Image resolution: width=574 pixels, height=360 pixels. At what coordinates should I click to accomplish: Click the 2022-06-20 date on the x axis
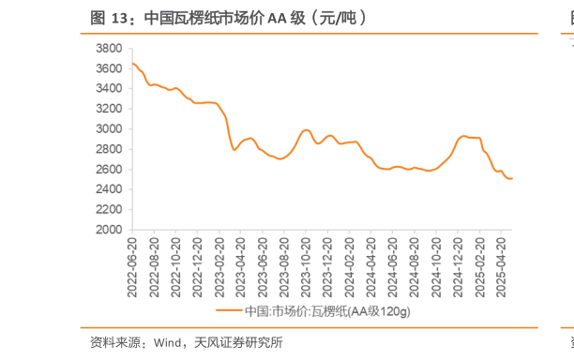(132, 263)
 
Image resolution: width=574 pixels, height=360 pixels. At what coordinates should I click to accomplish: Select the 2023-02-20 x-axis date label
(220, 263)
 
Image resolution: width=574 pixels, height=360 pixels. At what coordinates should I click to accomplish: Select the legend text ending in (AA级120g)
(327, 310)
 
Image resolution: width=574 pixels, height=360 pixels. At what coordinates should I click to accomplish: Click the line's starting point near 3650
(132, 64)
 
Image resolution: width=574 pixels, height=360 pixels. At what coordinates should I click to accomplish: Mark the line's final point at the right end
(511, 178)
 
